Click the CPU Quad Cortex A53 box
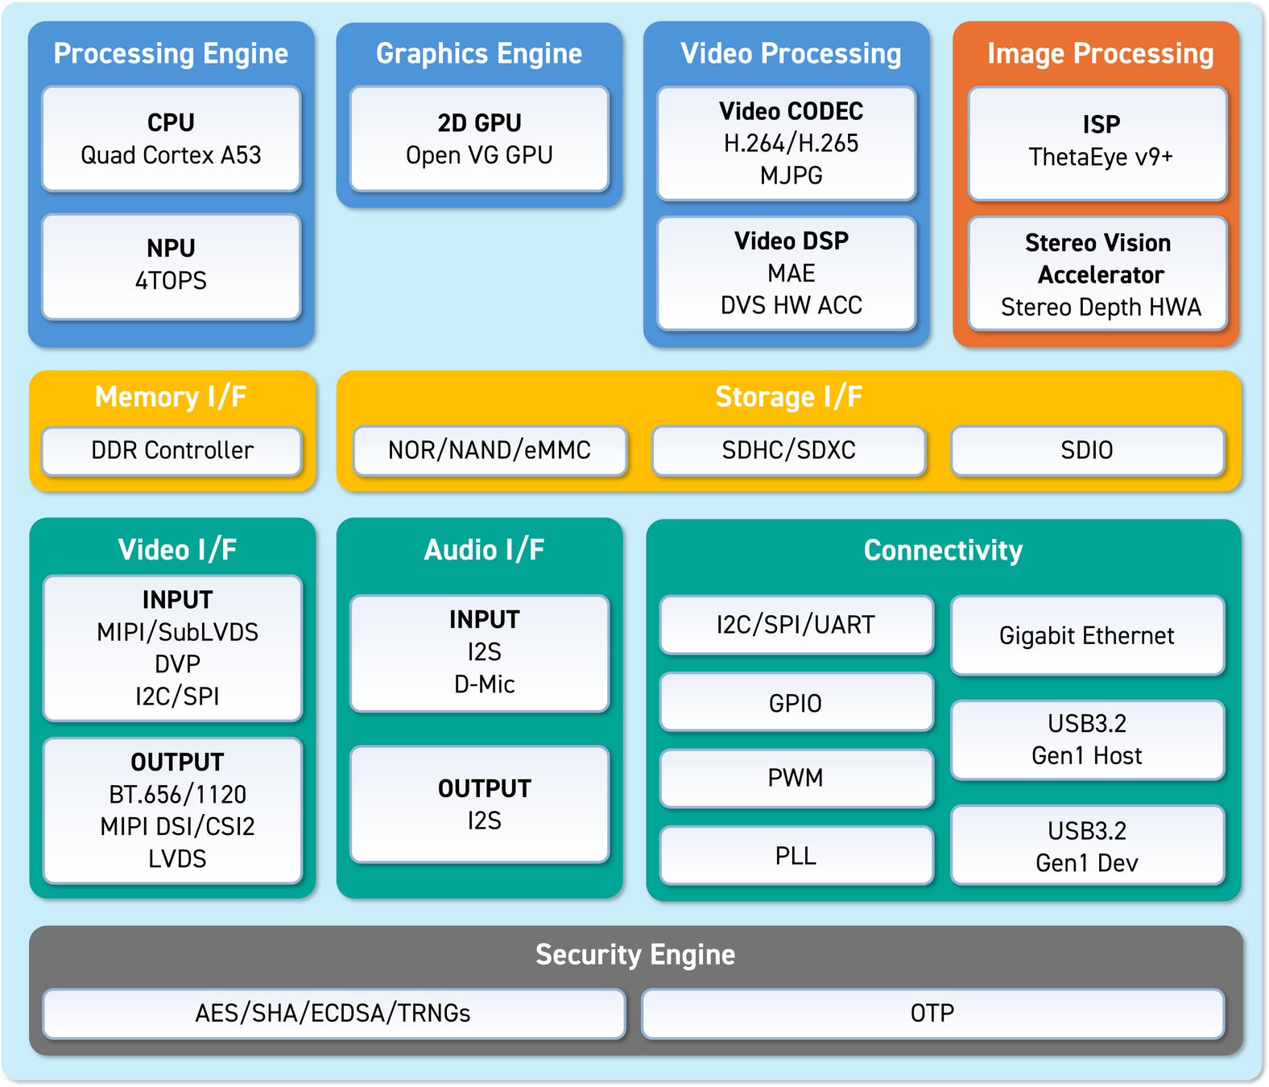[x=171, y=138]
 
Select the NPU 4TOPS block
[x=171, y=266]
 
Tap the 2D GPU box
[x=479, y=138]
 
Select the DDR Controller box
[x=172, y=450]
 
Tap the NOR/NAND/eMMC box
[x=490, y=450]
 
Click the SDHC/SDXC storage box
[x=788, y=450]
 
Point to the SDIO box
[x=1087, y=450]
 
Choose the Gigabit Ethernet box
[x=1087, y=635]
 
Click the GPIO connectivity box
[x=796, y=703]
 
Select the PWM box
[x=796, y=778]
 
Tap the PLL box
[x=796, y=855]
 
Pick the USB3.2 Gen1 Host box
[x=1087, y=739]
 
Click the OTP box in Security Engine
[x=932, y=1013]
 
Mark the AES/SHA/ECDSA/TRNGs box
[x=333, y=1013]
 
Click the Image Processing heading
[x=1100, y=53]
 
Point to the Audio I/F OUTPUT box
[x=484, y=804]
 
